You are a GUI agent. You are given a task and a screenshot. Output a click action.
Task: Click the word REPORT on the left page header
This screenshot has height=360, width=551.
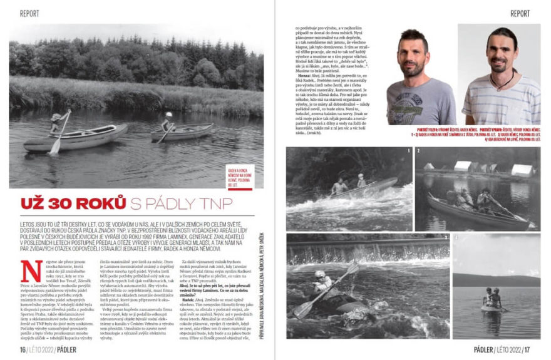(x=29, y=13)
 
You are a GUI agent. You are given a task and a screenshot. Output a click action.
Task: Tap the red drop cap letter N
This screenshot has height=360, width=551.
(x=28, y=269)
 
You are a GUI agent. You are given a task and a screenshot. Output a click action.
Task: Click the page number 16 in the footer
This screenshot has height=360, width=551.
(x=23, y=349)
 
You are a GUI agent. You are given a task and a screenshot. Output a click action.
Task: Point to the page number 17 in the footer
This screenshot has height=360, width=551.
(x=527, y=349)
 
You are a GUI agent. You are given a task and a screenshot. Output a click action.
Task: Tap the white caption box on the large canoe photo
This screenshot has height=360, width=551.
(x=244, y=177)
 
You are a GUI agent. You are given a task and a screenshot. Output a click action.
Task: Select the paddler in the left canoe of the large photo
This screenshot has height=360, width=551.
(x=56, y=123)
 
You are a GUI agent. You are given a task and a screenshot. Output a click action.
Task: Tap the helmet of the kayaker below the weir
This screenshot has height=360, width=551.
(x=320, y=274)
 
